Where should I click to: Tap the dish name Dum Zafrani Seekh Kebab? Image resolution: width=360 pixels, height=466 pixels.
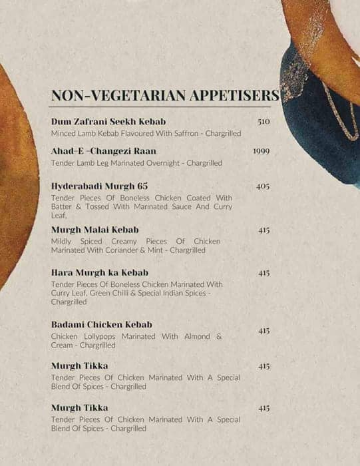108,122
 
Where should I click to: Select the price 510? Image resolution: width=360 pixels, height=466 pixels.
264,122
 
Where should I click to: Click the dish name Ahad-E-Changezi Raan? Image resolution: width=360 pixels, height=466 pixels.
103,151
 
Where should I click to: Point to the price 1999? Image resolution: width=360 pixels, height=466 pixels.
262,151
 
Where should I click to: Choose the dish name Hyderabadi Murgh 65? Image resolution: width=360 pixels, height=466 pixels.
99,186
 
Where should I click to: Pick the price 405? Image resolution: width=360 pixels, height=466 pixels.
263,186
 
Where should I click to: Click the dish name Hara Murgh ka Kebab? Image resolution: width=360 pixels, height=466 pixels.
99,272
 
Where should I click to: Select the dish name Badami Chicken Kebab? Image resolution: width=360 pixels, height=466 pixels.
102,324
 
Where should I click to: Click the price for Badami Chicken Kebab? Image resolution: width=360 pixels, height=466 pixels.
264,331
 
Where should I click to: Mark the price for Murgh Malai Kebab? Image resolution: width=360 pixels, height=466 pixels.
264,230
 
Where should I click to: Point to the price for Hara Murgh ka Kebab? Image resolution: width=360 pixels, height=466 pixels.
264,273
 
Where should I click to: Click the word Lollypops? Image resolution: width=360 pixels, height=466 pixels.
102,336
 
